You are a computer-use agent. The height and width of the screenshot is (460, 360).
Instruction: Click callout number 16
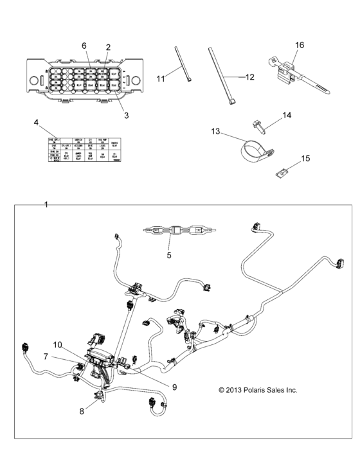tap(300, 45)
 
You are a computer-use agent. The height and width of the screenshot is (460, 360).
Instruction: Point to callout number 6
tap(84, 46)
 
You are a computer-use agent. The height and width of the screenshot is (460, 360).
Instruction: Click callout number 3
tap(126, 116)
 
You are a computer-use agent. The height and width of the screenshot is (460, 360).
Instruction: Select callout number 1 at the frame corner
tap(46, 204)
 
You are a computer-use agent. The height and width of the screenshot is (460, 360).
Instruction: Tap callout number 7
tap(46, 356)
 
